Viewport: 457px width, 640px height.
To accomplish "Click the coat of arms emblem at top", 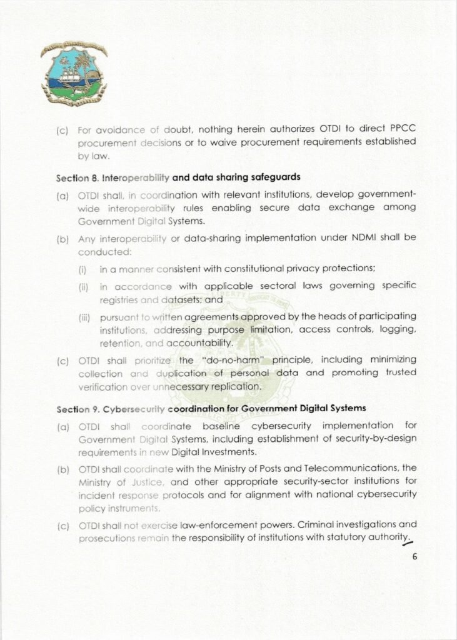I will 74,74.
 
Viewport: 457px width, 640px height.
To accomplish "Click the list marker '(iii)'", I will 85,317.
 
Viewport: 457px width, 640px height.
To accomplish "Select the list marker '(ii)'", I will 83,286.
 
